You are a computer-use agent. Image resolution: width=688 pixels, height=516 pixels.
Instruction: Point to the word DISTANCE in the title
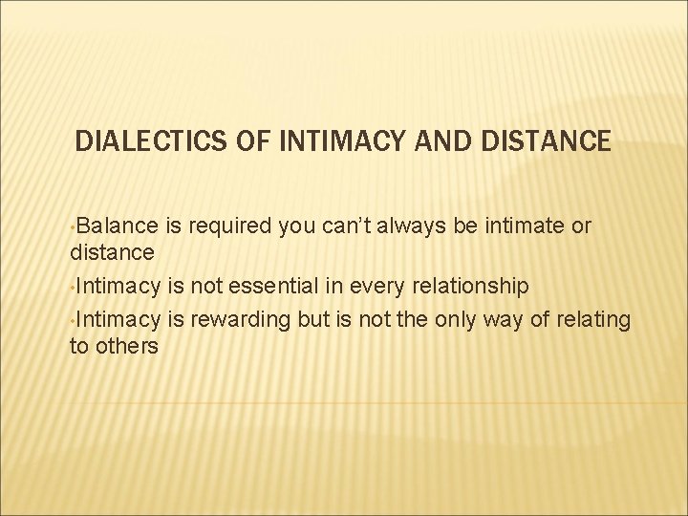click(542, 142)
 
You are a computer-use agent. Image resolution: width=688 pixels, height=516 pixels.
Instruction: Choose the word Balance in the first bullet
click(115, 226)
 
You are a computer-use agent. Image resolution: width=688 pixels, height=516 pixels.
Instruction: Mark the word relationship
click(476, 287)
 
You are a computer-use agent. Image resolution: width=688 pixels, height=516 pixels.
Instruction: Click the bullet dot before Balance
click(73, 228)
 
